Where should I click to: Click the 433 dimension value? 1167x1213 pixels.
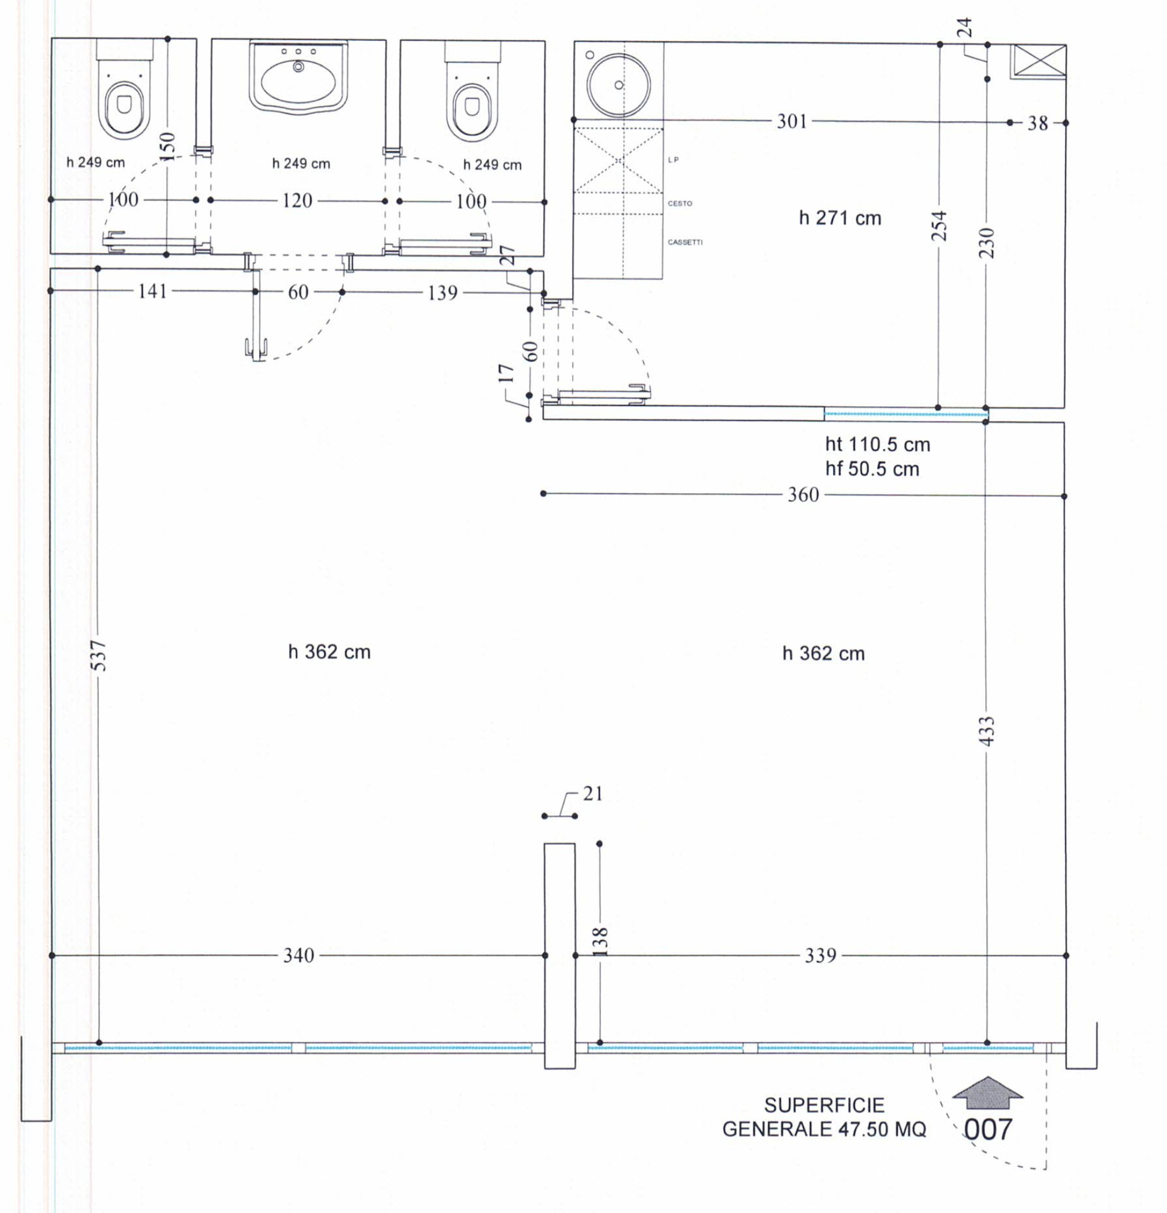(x=988, y=730)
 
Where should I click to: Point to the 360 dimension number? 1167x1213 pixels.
(x=802, y=494)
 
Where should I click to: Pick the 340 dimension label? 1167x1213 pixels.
(x=298, y=956)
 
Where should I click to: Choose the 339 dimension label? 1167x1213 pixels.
(x=820, y=956)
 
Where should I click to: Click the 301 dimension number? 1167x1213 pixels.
(x=792, y=121)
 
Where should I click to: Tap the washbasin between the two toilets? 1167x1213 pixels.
(x=298, y=77)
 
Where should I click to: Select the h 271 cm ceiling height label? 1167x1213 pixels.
(x=840, y=218)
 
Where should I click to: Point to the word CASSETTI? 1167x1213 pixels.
(x=685, y=242)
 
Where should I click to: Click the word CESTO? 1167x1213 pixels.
(x=679, y=203)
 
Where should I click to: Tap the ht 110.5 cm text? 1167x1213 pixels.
(x=877, y=445)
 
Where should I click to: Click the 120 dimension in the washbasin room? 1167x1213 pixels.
(x=297, y=200)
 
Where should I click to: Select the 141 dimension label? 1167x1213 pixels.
(x=152, y=291)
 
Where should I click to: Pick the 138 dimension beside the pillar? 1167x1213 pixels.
(x=601, y=941)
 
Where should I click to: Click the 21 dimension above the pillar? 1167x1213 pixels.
(x=592, y=794)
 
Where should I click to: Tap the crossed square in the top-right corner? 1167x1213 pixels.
(x=1038, y=62)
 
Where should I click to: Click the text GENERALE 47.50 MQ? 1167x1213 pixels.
(x=823, y=1130)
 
